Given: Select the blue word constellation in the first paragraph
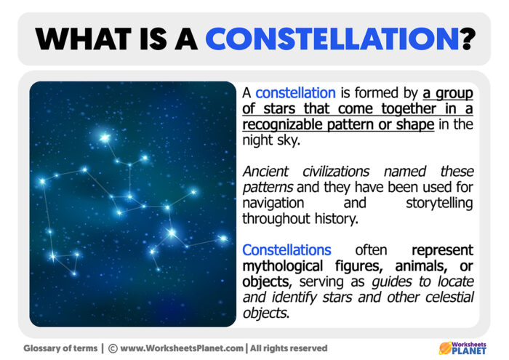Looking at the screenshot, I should tap(295, 93).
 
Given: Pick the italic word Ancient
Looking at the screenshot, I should tap(267, 172).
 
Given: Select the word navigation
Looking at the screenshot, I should tap(273, 203).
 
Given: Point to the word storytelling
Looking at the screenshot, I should tap(440, 203).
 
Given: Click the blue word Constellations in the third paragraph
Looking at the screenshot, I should tap(286, 249).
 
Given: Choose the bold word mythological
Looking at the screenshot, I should tap(283, 265).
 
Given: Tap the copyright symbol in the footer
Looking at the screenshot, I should tap(113, 348).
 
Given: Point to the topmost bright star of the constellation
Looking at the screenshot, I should tap(105, 137).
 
